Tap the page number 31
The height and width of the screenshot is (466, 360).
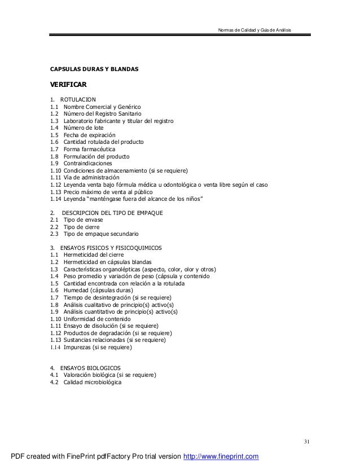(307, 441)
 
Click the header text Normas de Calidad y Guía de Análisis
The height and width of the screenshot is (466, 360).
(254, 29)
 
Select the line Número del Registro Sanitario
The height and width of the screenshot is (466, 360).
(99, 114)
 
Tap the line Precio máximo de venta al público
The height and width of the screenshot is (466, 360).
(108, 192)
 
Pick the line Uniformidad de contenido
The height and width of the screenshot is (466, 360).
(100, 318)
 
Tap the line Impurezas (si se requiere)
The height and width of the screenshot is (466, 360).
(97, 347)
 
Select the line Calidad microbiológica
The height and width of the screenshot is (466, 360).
(92, 382)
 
